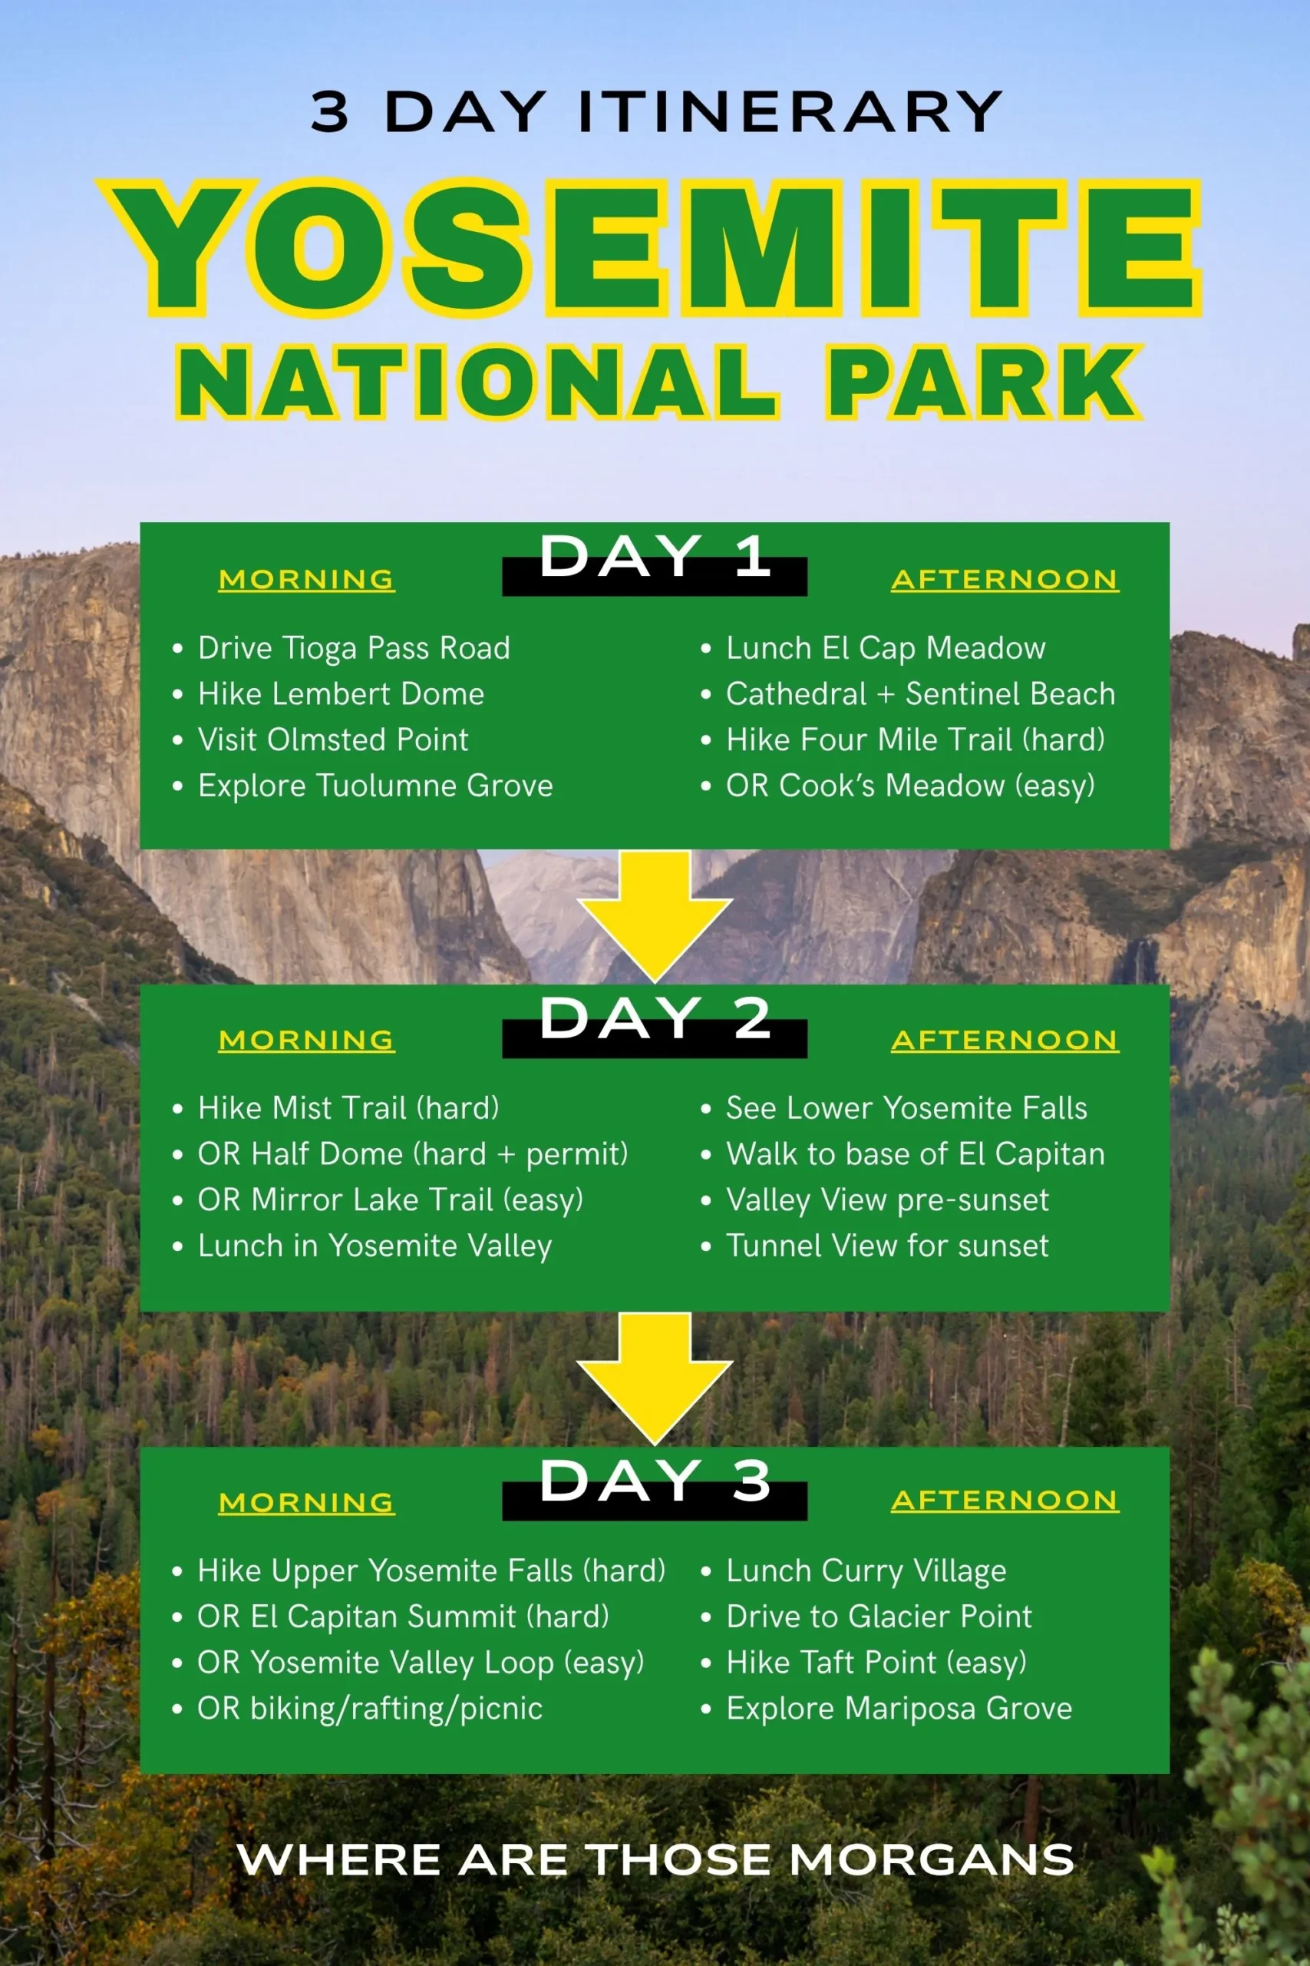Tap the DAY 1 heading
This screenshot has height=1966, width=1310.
pyautogui.click(x=654, y=558)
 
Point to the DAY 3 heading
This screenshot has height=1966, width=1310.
pyautogui.click(x=654, y=1481)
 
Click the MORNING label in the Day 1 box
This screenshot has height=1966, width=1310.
pyautogui.click(x=305, y=579)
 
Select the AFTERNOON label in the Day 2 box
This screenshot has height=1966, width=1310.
pyautogui.click(x=1005, y=1040)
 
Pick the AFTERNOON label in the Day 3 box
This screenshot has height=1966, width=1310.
pyautogui.click(x=1005, y=1501)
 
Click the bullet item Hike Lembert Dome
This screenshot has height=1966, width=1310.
pyautogui.click(x=341, y=694)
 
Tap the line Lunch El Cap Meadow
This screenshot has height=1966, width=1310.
pyautogui.click(x=886, y=649)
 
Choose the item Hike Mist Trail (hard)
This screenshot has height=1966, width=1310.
pyautogui.click(x=348, y=1108)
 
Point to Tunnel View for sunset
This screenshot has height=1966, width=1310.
pyautogui.click(x=886, y=1246)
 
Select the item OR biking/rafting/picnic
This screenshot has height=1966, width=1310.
pyautogui.click(x=369, y=1709)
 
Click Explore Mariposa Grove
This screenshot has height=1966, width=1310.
pyautogui.click(x=899, y=1709)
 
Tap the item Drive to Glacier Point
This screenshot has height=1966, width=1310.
pyautogui.click(x=879, y=1617)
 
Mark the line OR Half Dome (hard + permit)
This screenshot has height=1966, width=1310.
pyautogui.click(x=413, y=1154)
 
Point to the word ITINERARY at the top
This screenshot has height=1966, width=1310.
pyautogui.click(x=789, y=112)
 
